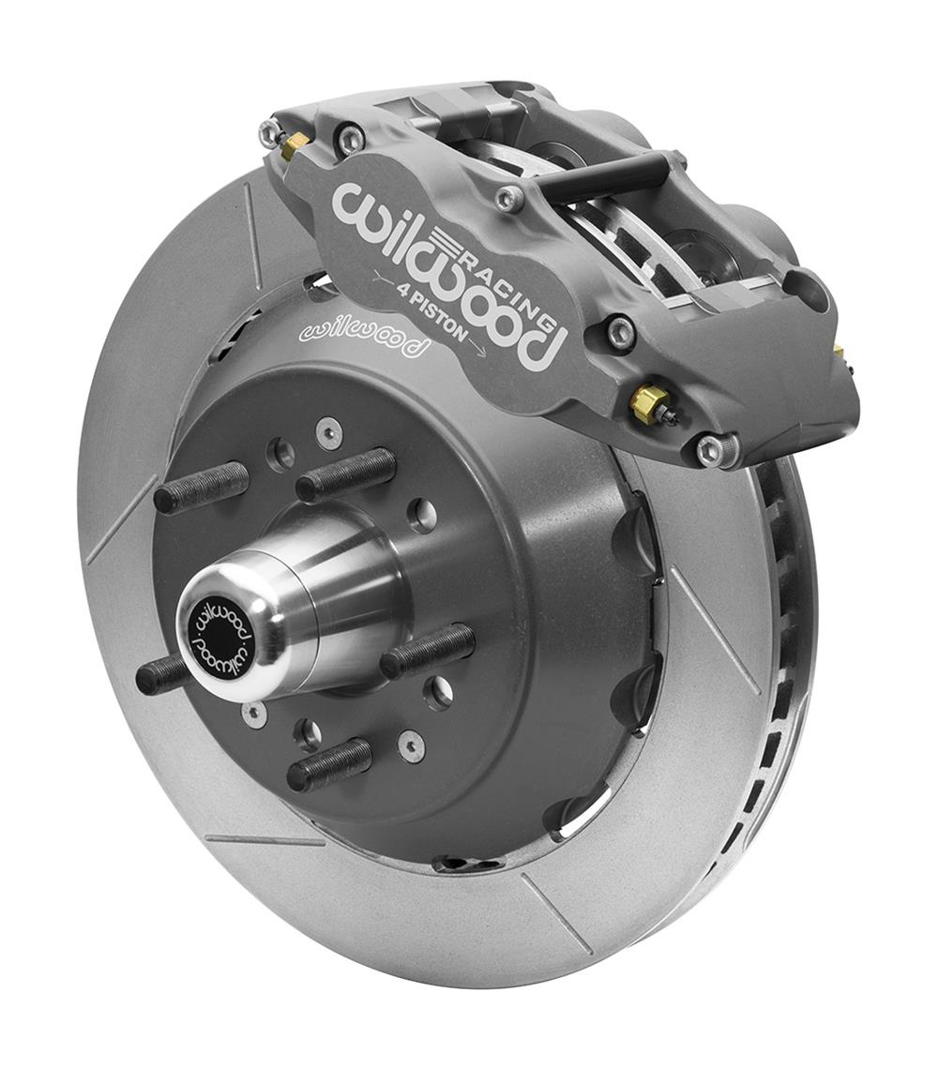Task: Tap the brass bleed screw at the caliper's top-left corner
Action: coord(295,143)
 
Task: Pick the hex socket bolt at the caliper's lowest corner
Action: coord(710,450)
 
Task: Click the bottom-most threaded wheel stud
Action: coord(328,764)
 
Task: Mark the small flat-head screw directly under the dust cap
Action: coord(255,714)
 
